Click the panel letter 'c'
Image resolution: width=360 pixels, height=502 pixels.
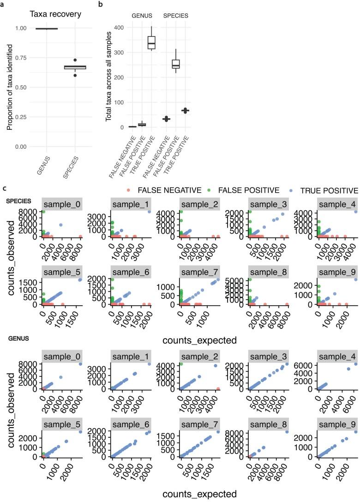(4, 189)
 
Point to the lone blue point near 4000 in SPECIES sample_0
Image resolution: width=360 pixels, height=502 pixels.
(61, 225)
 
